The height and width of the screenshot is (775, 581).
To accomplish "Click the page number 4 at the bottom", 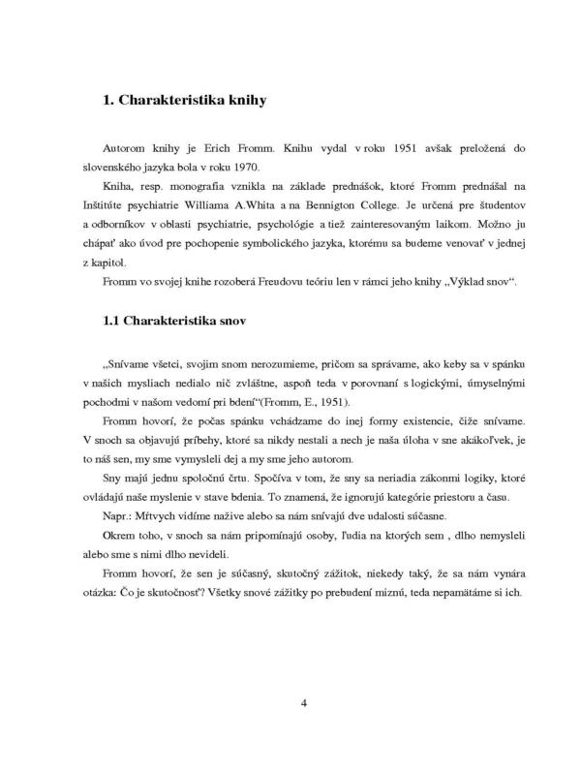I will pos(304,702).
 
